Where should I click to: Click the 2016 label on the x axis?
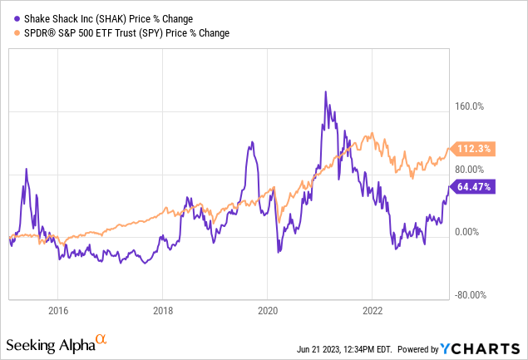pyautogui.click(x=57, y=311)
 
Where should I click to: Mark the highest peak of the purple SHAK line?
pyautogui.click(x=326, y=91)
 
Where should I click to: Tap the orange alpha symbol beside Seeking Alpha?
pyautogui.click(x=101, y=339)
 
